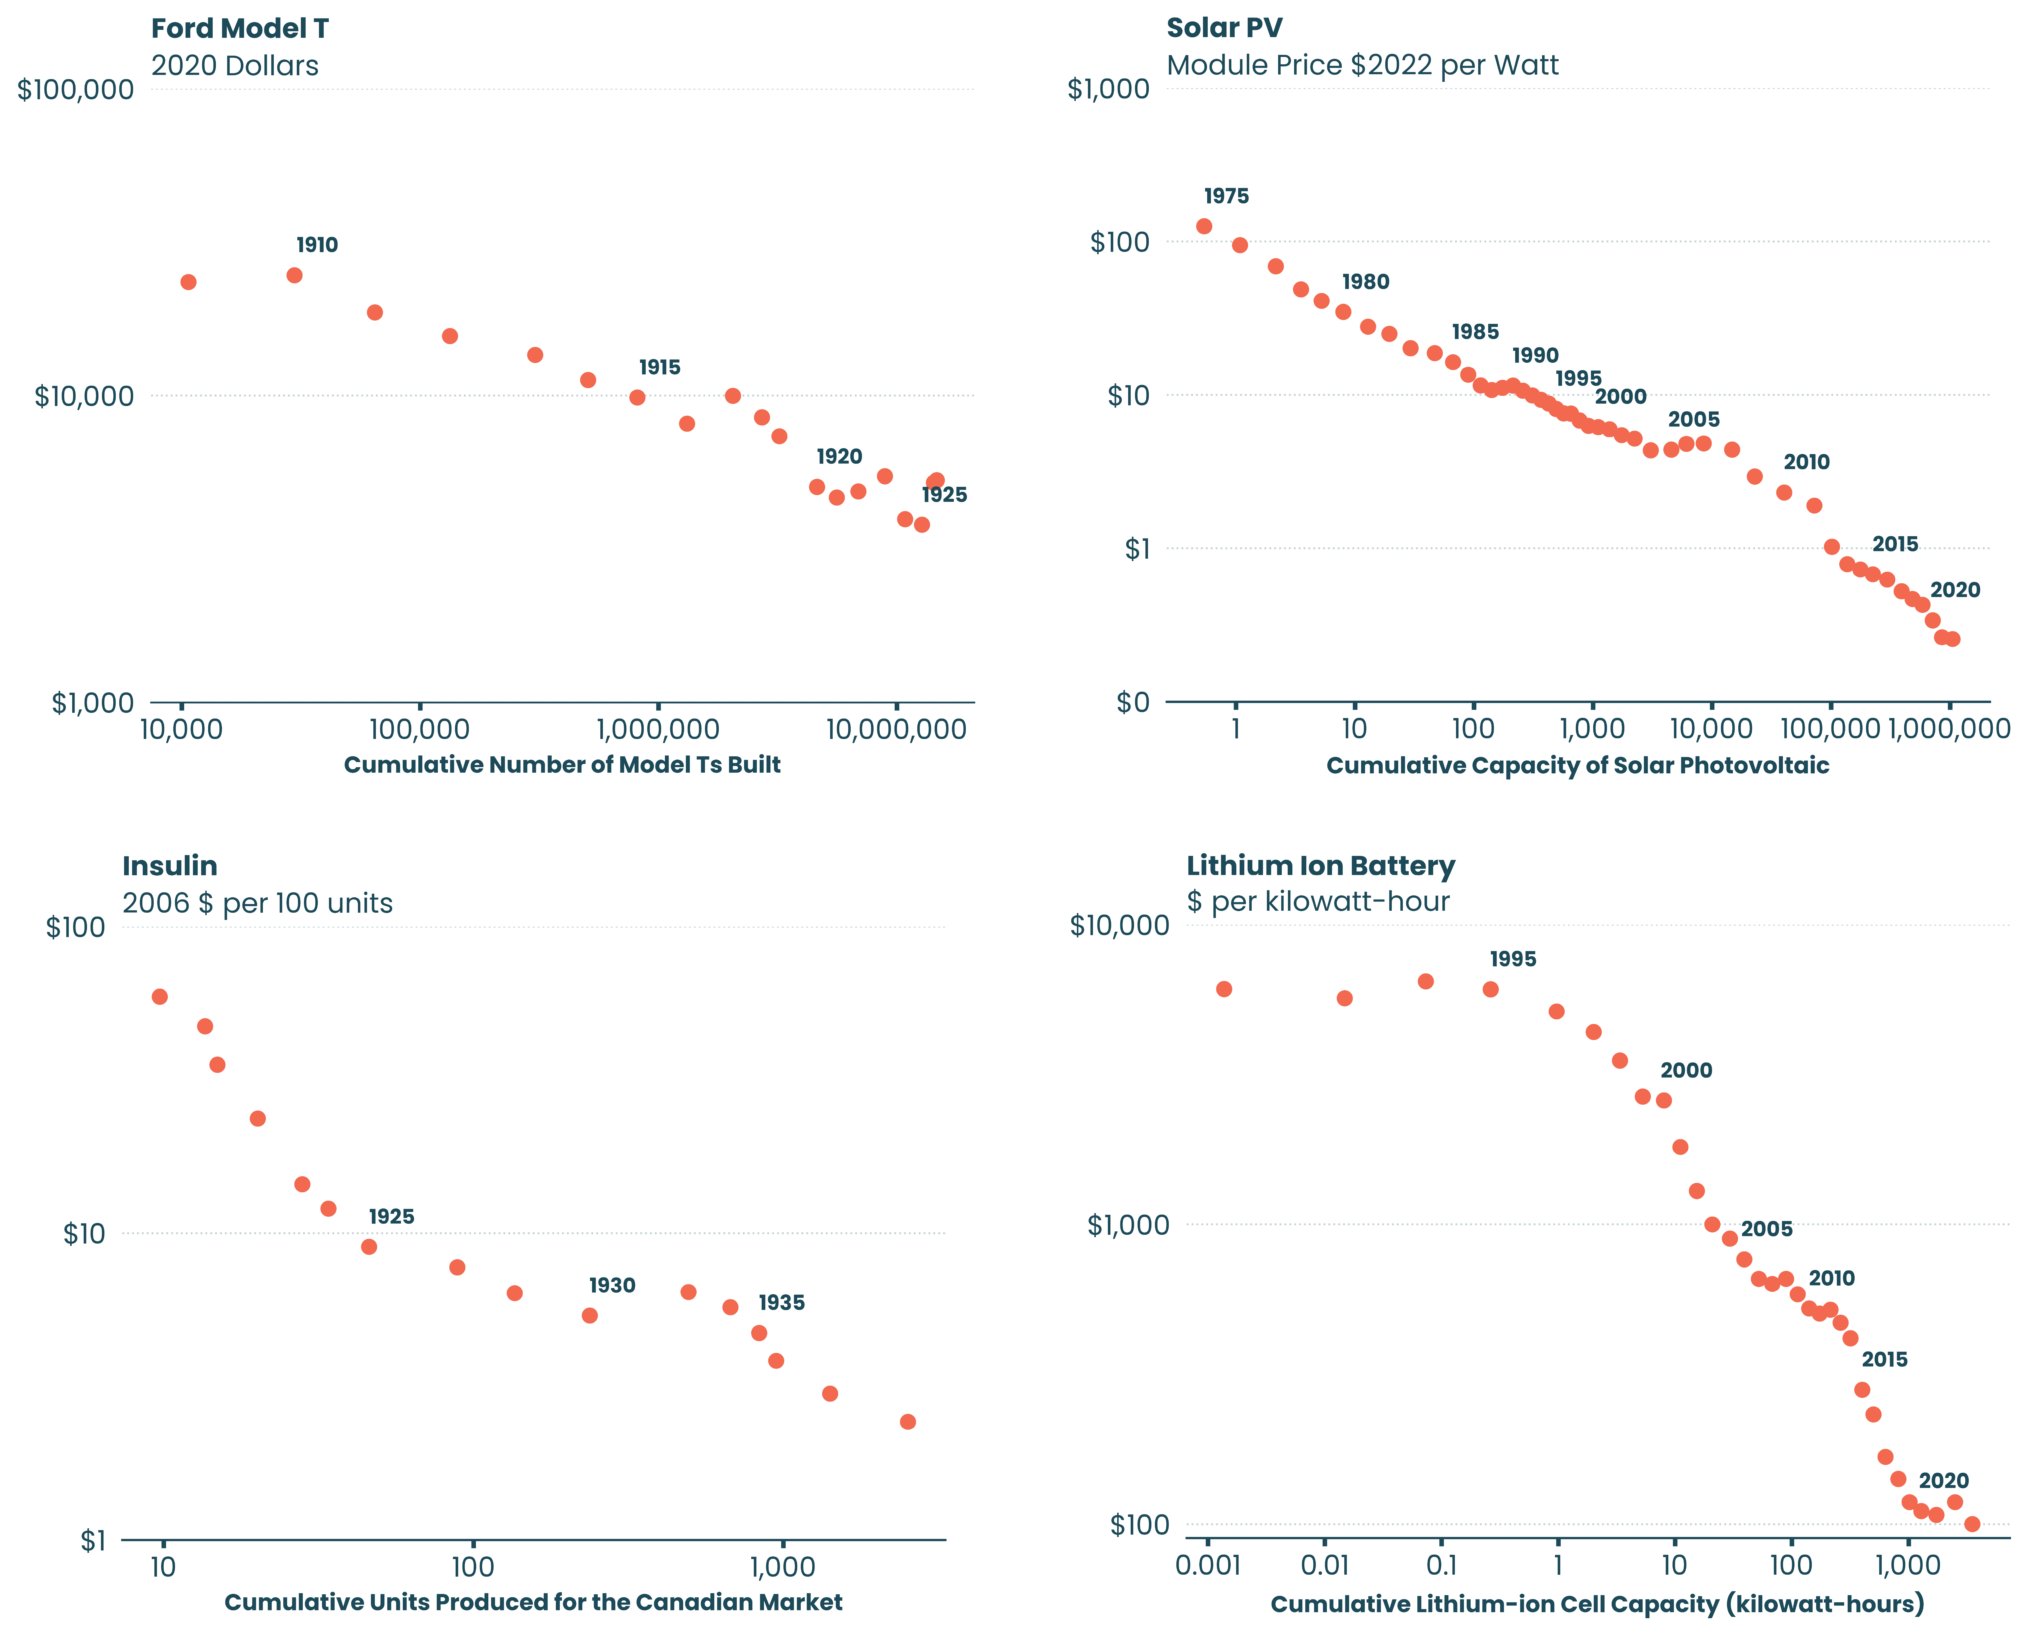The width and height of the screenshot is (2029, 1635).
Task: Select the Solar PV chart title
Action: (1224, 28)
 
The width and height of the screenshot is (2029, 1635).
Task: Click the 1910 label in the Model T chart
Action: (317, 245)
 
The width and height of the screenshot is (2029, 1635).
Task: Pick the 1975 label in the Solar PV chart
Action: (1226, 196)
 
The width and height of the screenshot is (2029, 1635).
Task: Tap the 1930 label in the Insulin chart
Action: (612, 1286)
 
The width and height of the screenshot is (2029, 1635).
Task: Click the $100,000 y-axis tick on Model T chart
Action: (75, 89)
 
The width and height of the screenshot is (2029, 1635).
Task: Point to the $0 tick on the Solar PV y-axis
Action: (1133, 703)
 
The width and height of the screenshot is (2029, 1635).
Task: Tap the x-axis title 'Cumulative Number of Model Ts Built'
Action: (562, 765)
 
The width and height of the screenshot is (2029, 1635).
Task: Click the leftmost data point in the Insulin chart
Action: (160, 996)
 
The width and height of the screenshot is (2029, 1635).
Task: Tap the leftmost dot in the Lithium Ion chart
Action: (1224, 989)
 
